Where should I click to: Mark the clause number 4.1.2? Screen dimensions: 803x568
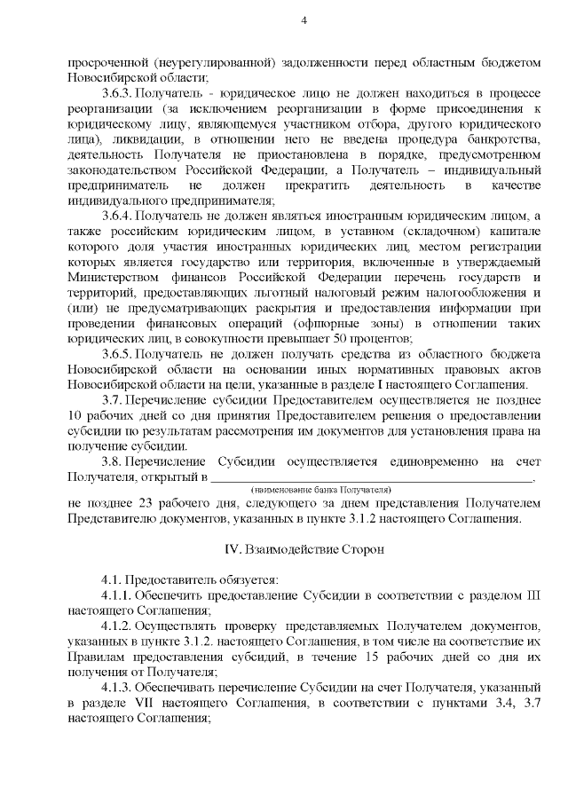pos(117,626)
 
